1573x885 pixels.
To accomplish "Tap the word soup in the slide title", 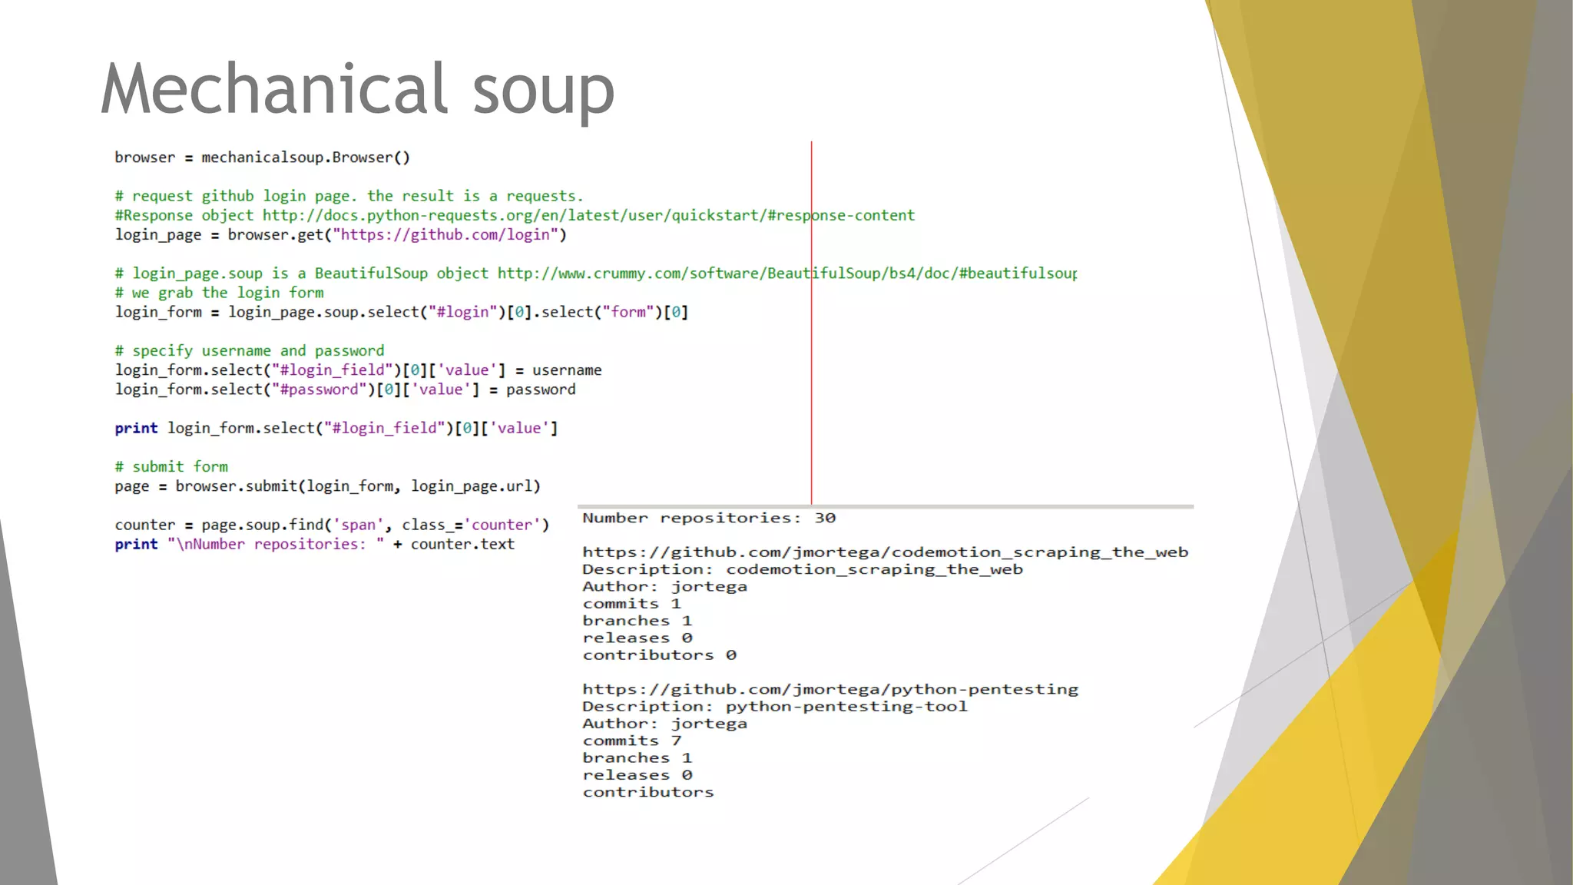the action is (543, 91).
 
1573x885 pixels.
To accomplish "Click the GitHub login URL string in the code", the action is (445, 234).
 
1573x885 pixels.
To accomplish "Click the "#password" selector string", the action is (319, 389).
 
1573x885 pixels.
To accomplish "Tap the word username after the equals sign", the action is (567, 370).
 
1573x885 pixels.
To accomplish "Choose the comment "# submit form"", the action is (171, 466).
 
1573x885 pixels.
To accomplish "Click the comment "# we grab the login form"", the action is (219, 293).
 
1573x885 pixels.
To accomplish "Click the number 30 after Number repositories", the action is (825, 518).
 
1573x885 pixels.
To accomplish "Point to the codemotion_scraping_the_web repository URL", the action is (885, 552).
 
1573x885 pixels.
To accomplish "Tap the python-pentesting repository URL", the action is (830, 689).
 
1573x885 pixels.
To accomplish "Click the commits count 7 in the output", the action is (676, 741).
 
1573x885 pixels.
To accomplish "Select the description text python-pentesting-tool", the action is (846, 706).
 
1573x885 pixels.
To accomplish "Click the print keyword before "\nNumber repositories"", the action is (136, 544).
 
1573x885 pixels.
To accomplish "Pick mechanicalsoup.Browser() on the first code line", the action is (306, 157).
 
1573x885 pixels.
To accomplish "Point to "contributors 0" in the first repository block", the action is (659, 655).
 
